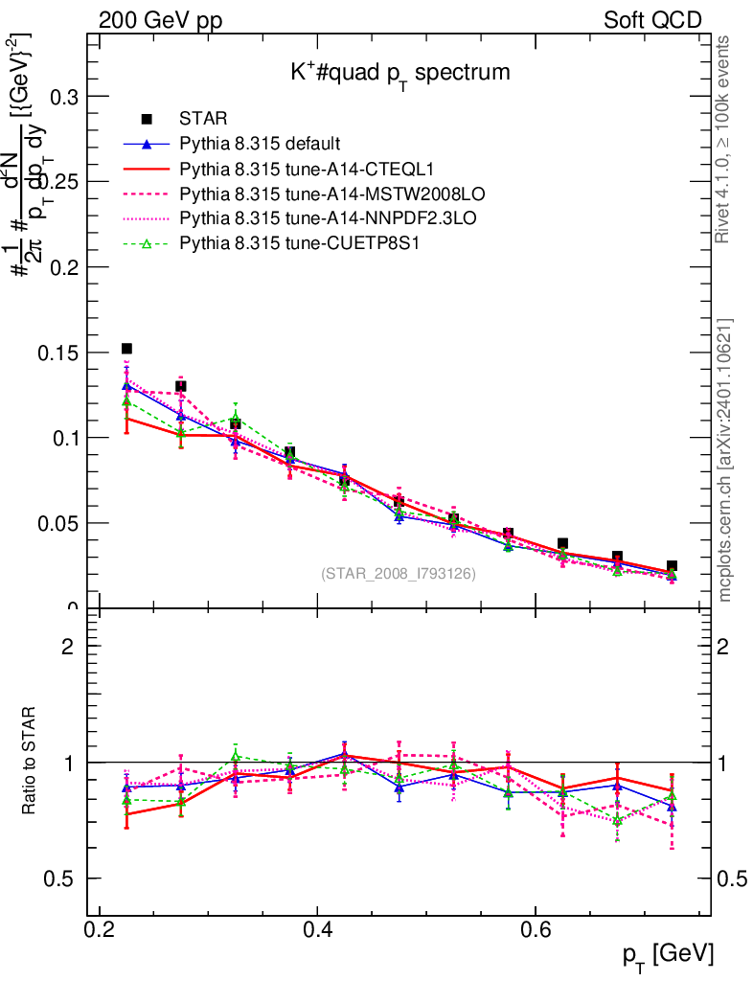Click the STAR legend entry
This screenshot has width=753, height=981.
(203, 120)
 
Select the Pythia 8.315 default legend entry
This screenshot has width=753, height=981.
(260, 145)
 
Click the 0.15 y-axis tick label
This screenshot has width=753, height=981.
(57, 353)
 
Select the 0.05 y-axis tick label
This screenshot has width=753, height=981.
(57, 523)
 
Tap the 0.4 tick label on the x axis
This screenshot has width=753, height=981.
(317, 931)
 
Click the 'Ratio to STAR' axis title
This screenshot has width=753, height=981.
(31, 763)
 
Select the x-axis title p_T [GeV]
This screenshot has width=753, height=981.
(667, 954)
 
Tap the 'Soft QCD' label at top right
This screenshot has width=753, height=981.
(652, 20)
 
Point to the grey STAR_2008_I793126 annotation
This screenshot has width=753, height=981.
(398, 574)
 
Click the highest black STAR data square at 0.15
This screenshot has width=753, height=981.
(126, 349)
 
